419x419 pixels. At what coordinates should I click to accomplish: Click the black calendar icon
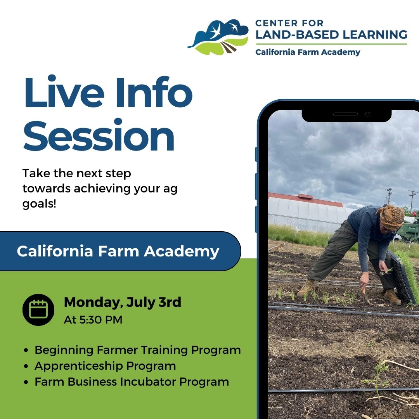38,310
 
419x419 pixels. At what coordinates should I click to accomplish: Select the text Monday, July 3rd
122,302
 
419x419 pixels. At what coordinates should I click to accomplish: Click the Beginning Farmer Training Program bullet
137,350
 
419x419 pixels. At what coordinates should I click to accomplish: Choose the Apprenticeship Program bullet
105,366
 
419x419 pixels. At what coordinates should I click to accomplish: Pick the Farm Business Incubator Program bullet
132,382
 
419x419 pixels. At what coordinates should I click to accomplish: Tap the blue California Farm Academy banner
118,251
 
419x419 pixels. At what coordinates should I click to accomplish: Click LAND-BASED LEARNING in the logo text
331,34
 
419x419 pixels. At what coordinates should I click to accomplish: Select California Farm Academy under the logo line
308,52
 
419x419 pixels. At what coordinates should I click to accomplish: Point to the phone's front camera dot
367,114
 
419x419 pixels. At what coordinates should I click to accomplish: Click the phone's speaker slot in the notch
345,114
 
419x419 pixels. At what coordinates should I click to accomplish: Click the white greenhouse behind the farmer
306,213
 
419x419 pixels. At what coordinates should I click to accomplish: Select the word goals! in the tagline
39,204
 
